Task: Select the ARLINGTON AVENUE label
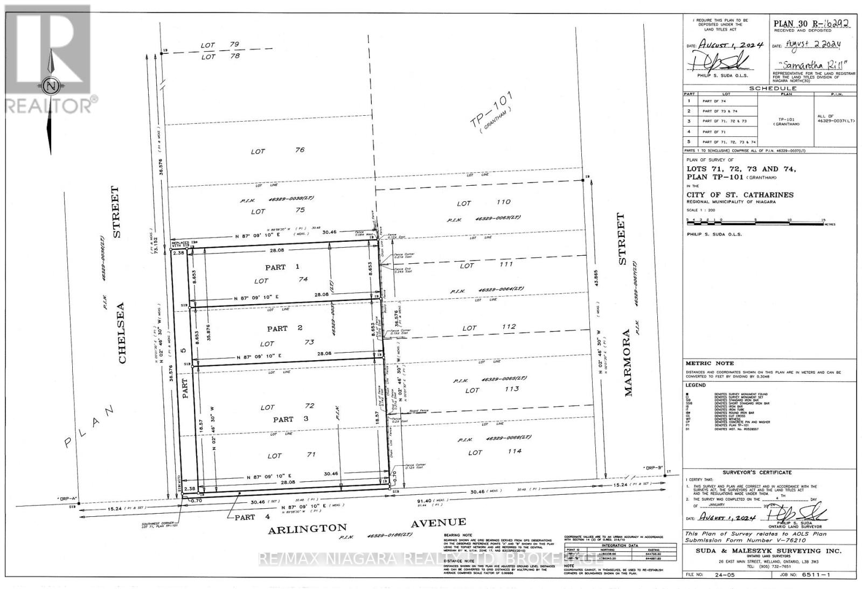[x=367, y=525]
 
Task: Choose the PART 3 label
[x=283, y=419]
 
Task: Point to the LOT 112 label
[x=489, y=327]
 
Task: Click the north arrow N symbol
[x=51, y=86]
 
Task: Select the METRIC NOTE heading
[x=705, y=363]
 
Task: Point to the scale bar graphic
[x=754, y=221]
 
